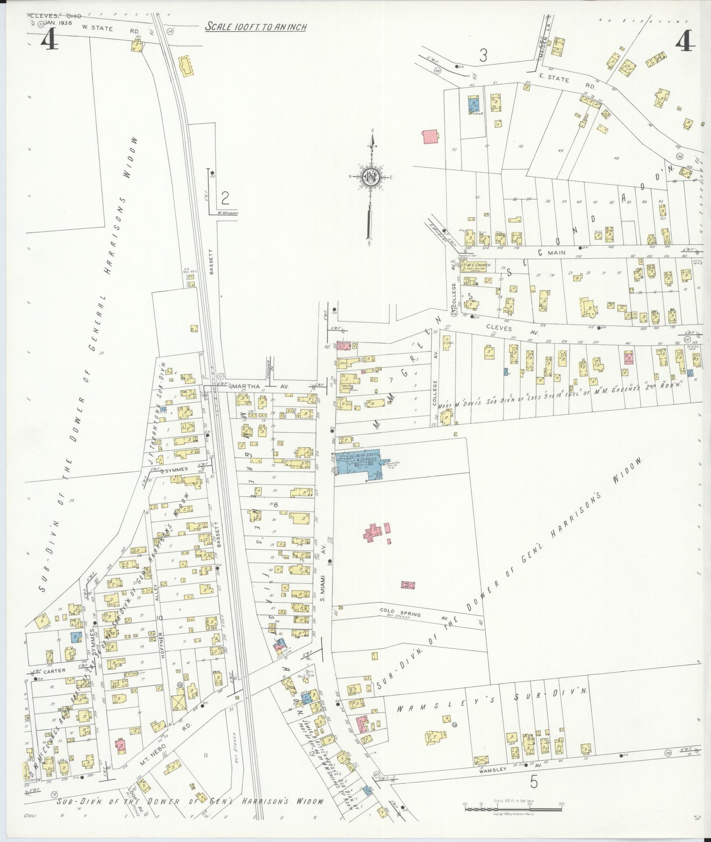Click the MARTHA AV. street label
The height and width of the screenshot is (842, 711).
pyautogui.click(x=253, y=386)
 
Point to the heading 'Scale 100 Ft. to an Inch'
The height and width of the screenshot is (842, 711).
pyautogui.click(x=256, y=27)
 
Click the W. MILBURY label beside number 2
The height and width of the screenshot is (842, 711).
pyautogui.click(x=224, y=214)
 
